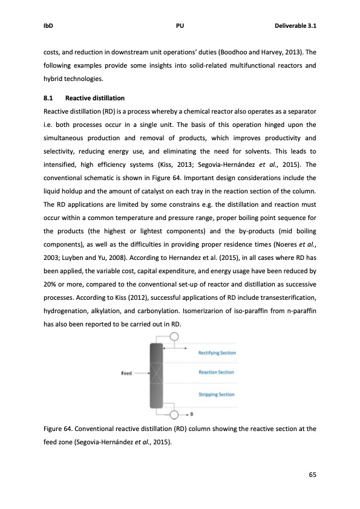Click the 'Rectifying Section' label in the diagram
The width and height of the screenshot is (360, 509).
217,352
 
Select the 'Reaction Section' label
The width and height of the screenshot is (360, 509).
216,372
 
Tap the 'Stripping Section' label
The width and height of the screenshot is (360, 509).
217,394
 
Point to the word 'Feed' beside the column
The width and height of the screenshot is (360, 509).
126,373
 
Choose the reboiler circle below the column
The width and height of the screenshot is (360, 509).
174,414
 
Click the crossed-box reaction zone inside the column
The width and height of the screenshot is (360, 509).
157,373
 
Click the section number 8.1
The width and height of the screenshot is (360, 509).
50,98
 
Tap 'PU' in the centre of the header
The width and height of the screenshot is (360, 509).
180,26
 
